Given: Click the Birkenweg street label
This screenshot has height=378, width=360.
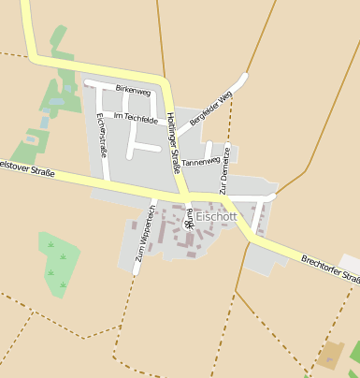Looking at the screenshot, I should pyautogui.click(x=132, y=91).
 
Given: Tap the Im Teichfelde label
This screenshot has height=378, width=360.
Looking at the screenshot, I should pyautogui.click(x=136, y=117).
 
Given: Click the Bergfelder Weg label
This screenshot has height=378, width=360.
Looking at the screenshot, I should pyautogui.click(x=210, y=109).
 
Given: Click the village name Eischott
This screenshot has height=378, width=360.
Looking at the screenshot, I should pyautogui.click(x=217, y=216).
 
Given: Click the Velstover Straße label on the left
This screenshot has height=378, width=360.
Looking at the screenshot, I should pyautogui.click(x=26, y=167).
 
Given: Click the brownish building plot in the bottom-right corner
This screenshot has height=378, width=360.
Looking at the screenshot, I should pyautogui.click(x=330, y=355).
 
